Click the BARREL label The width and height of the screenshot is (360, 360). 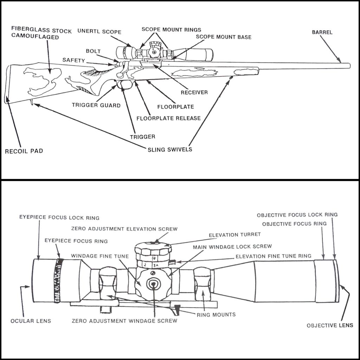point(322,32)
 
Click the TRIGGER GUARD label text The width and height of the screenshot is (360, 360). point(96,105)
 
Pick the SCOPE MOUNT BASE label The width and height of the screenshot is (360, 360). point(224,37)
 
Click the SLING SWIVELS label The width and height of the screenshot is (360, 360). point(170,149)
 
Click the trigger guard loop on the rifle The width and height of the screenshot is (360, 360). point(126,84)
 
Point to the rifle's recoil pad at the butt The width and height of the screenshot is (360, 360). point(8,84)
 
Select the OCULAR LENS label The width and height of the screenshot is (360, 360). point(31,321)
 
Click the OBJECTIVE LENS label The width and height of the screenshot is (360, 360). point(330,325)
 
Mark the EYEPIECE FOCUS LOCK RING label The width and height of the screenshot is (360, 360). point(59,218)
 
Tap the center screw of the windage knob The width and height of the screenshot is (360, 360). point(154,284)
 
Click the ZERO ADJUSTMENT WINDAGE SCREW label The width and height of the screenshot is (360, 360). point(124,321)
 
